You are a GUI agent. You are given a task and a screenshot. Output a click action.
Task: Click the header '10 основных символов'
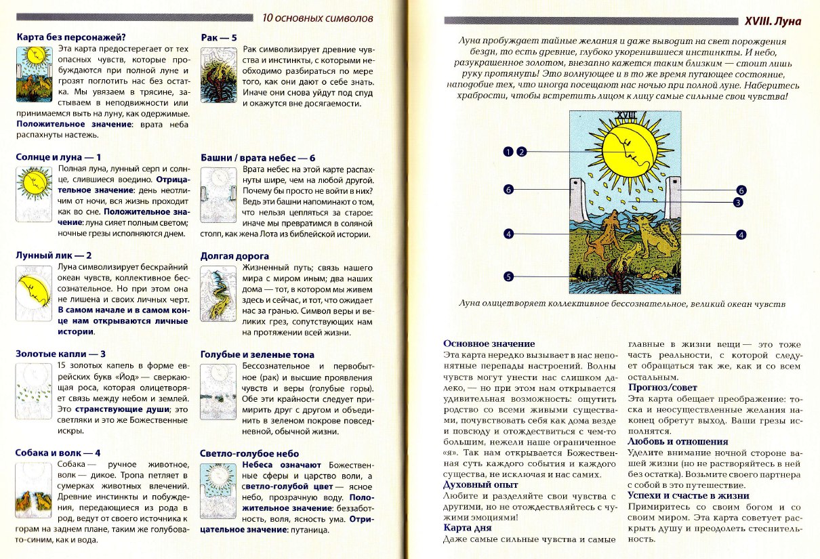tap(317, 18)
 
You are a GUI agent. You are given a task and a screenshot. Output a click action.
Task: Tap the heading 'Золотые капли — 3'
tap(60, 354)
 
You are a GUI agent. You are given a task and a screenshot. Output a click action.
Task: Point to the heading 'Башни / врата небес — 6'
tap(258, 157)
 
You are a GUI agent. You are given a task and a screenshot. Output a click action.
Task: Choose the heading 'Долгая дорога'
tap(234, 256)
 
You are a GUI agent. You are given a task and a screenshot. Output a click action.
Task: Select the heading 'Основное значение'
tap(489, 344)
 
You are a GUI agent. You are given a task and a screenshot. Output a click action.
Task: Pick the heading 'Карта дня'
tap(467, 527)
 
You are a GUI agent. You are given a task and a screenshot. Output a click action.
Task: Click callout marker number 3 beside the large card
tap(738, 201)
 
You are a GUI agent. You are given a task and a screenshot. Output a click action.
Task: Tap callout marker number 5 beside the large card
tap(508, 276)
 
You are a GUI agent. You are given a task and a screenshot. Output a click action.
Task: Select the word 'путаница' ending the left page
tap(309, 529)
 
